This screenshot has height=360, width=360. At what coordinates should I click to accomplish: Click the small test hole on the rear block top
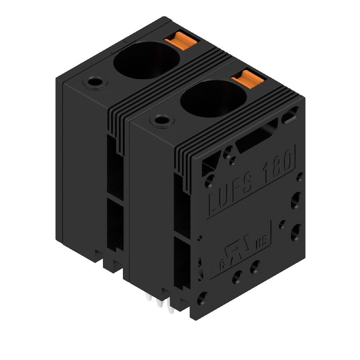tap(95, 83)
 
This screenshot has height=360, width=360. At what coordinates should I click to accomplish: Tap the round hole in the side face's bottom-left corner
tap(202, 297)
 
